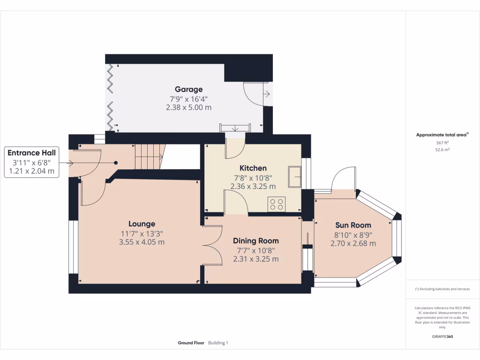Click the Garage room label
coord(188,90)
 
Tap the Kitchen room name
coord(253,168)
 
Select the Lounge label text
coord(142,224)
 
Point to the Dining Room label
coord(256,241)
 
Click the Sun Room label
coord(353,225)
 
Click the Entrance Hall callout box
coord(31,162)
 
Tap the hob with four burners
coord(277,204)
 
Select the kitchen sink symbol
coord(294,177)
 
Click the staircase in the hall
coord(150,157)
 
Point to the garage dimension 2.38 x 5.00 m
coord(188,107)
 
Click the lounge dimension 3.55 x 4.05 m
coord(142,242)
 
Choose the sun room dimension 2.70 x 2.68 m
coord(353,243)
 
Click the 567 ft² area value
coord(442,142)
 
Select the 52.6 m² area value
coord(442,150)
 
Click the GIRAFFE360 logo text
coord(442,337)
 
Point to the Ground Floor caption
coord(191,343)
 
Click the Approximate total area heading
coord(442,135)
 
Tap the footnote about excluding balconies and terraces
coord(442,289)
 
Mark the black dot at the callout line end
coord(116,163)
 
